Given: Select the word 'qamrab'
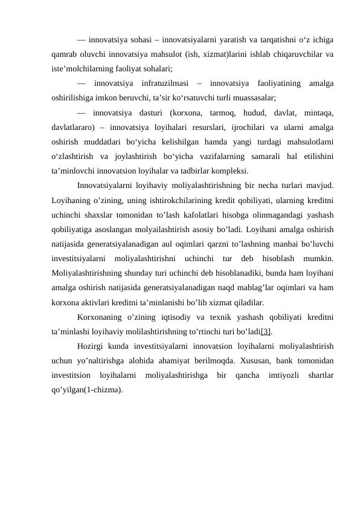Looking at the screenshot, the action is [65, 54].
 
